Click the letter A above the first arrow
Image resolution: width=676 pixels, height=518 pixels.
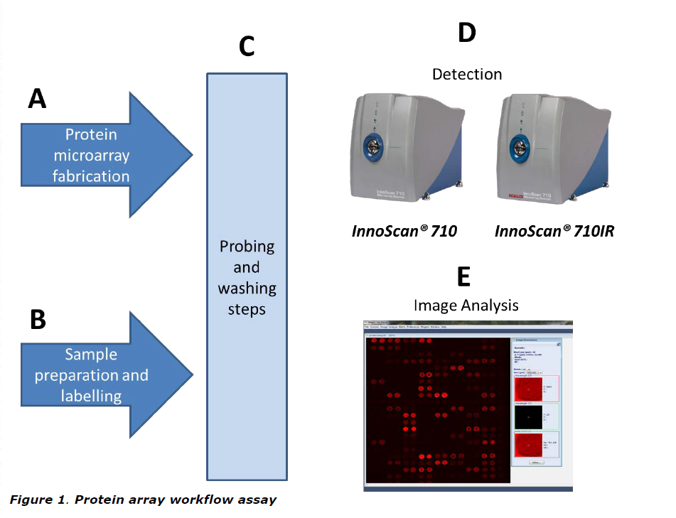[x=37, y=98]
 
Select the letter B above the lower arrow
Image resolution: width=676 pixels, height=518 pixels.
[x=38, y=320]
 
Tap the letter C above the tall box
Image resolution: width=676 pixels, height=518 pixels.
[x=247, y=47]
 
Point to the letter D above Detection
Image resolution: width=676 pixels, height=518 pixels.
[x=466, y=33]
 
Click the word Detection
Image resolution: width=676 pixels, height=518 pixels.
[x=466, y=74]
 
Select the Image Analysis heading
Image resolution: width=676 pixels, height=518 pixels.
[x=466, y=305]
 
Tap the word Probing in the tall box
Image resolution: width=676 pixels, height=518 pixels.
[x=247, y=247]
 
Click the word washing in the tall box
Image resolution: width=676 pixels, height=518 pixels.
[x=247, y=289]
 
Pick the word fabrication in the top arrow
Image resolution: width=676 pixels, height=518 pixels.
[x=91, y=176]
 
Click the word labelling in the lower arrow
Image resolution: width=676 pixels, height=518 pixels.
[x=91, y=396]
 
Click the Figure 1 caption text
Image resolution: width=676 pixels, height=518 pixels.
[x=143, y=500]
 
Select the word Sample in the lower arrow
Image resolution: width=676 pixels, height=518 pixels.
[x=90, y=354]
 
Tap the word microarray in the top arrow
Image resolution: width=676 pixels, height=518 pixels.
[x=91, y=155]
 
